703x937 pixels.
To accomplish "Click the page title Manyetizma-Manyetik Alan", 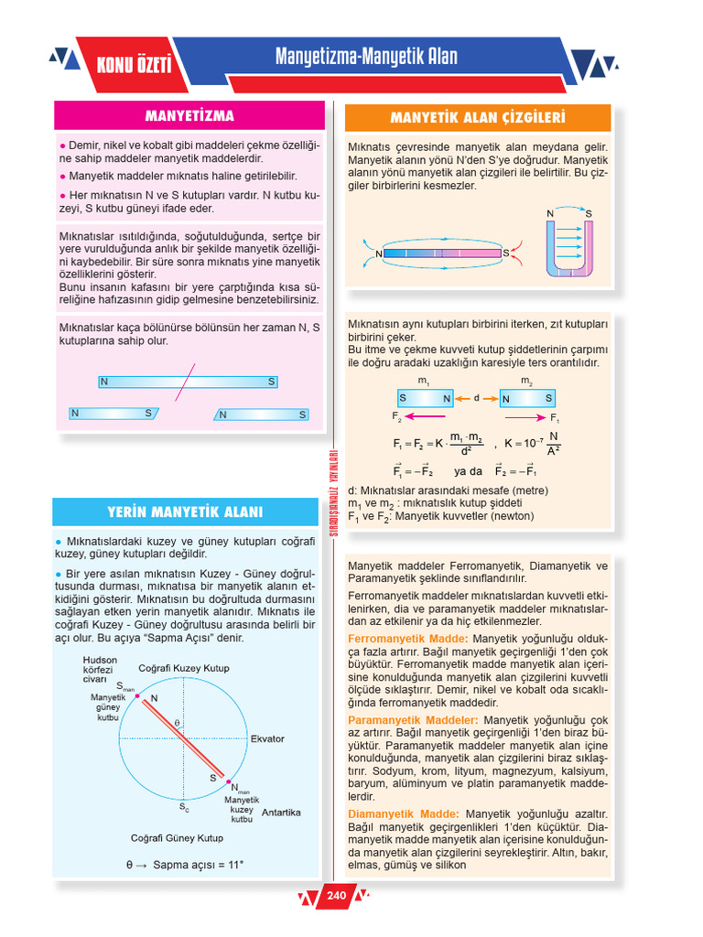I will click(366, 58).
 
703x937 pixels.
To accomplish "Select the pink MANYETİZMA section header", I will click(189, 116).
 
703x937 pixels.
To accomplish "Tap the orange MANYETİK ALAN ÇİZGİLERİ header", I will click(477, 118).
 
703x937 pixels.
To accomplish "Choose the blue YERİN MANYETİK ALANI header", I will click(185, 512).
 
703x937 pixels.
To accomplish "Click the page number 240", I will click(336, 896).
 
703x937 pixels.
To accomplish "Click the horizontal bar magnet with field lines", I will click(442, 253).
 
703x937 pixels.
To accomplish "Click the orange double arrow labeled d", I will click(477, 398).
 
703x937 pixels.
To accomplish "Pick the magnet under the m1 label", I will click(425, 398).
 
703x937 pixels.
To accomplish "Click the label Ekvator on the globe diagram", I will click(267, 738).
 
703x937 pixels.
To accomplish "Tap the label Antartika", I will click(281, 812).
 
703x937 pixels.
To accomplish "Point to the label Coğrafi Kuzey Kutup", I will click(183, 668).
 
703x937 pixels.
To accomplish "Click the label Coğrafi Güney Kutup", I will click(177, 837).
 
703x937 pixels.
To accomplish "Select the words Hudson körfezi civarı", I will click(99, 669).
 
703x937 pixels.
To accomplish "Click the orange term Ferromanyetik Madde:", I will click(408, 638).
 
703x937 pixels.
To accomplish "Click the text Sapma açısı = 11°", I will click(185, 864).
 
